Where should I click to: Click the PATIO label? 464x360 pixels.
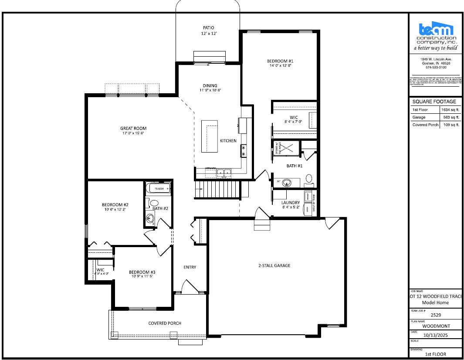208,28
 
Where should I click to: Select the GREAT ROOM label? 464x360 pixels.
133,128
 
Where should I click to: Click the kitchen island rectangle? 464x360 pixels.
209,136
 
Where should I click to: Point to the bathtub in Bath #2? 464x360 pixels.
158,189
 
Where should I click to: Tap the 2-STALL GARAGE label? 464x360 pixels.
274,265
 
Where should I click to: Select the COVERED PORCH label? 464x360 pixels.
165,323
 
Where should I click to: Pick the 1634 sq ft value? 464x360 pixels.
450,110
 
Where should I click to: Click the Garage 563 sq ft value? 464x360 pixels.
451,118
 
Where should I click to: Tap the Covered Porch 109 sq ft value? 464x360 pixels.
451,125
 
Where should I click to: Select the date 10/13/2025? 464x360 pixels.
436,335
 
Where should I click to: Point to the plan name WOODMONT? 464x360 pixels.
436,326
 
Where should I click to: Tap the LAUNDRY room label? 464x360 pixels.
290,203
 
